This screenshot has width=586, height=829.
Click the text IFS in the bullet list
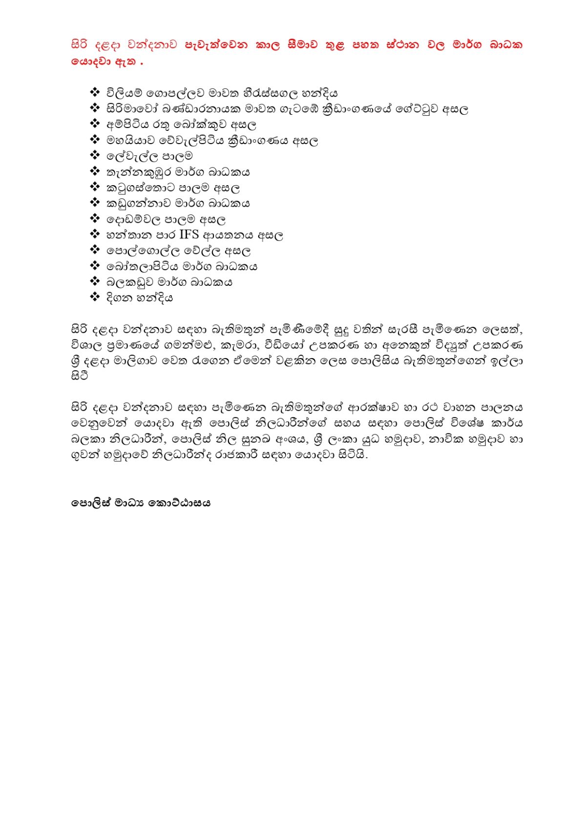pos(189,235)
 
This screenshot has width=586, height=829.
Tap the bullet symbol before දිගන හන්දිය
pos(95,297)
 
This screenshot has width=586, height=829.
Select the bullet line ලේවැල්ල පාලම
pos(149,156)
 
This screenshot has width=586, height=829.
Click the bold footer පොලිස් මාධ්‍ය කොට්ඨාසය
pos(141,503)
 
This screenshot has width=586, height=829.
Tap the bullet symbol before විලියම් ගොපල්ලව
pos(95,93)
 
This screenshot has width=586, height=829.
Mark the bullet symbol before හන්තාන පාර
pos(95,234)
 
